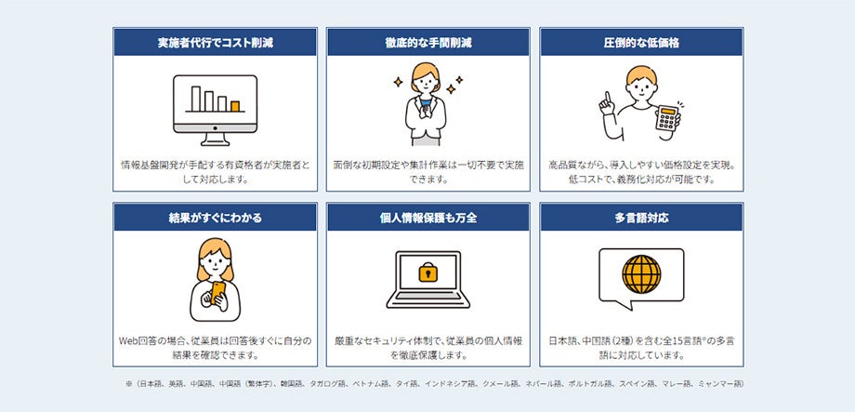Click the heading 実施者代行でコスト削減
click(x=215, y=43)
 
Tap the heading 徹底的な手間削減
click(x=428, y=43)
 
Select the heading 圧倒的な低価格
click(x=641, y=43)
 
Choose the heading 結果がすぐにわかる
click(x=215, y=219)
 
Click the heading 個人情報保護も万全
click(x=428, y=219)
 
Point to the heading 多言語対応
click(x=641, y=219)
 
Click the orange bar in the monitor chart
click(x=235, y=106)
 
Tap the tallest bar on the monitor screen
click(x=196, y=99)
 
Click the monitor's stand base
click(x=215, y=142)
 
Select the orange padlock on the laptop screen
click(x=428, y=272)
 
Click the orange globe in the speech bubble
click(x=641, y=274)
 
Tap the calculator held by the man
click(x=667, y=118)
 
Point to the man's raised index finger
click(x=607, y=100)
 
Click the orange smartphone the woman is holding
click(x=218, y=293)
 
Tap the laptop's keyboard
click(x=428, y=296)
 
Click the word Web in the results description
click(x=128, y=341)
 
